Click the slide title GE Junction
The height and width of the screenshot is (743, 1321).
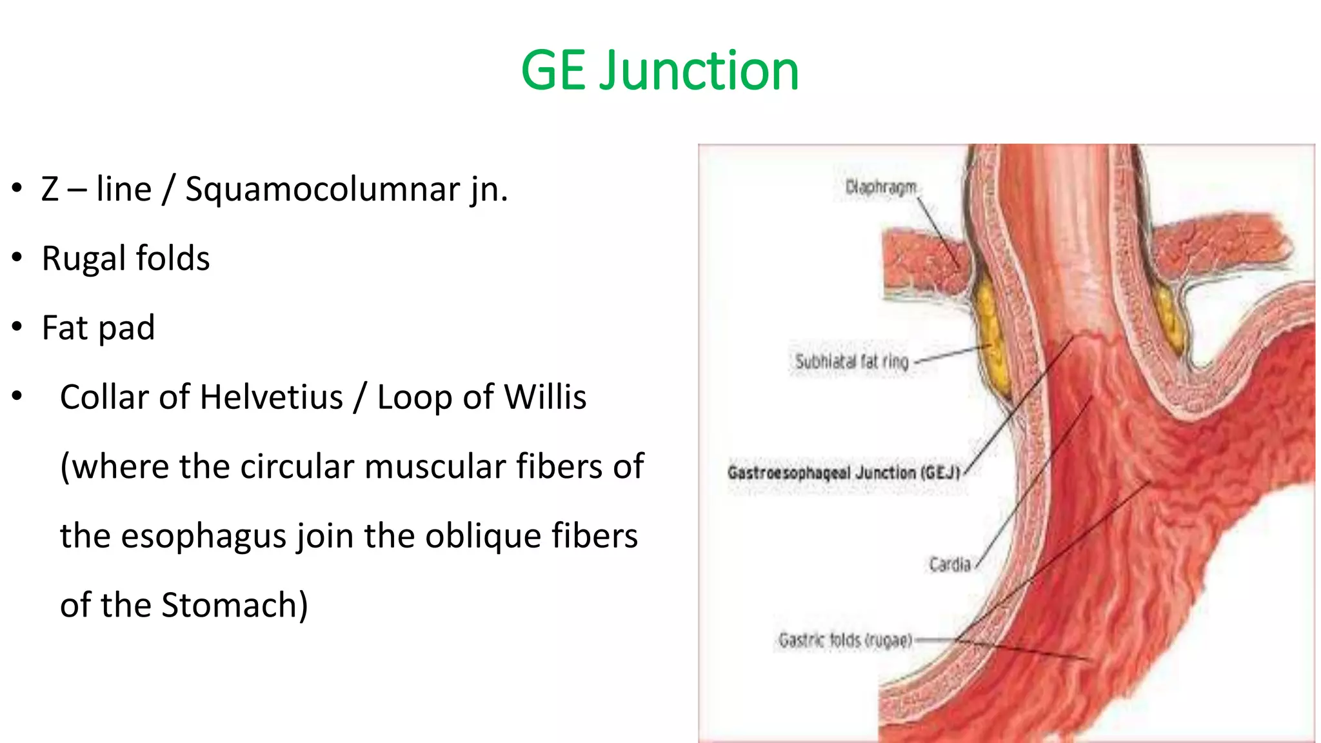660,70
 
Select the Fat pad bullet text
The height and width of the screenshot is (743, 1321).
98,328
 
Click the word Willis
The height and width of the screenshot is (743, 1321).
546,397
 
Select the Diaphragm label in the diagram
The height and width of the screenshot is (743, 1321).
880,187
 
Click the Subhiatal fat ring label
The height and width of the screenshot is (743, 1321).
851,362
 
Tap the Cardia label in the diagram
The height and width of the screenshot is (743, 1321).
949,565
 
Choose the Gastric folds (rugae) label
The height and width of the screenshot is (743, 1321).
845,640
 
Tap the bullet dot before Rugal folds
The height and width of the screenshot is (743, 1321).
17,259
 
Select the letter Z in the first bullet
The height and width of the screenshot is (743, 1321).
50,190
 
